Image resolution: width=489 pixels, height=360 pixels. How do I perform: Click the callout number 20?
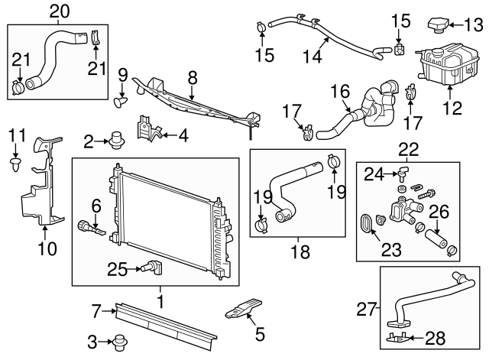[59, 10]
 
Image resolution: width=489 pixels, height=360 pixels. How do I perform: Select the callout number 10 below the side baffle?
[47, 248]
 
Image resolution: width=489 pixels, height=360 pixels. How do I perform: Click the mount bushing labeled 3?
[118, 341]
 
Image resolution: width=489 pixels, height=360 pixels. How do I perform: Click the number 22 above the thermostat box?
[409, 150]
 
